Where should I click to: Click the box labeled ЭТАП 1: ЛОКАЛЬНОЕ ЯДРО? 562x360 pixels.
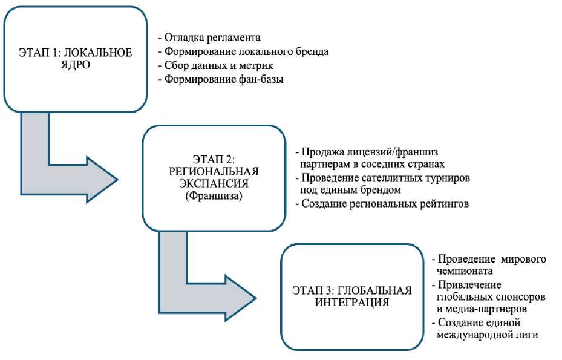(x=75, y=59)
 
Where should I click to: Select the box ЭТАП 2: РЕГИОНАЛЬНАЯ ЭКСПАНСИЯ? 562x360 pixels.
(x=214, y=178)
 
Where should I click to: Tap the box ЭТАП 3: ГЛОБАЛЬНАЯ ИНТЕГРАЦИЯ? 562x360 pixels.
(x=352, y=297)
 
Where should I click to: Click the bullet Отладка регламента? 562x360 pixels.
(x=209, y=38)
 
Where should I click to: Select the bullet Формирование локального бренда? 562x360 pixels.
(x=243, y=51)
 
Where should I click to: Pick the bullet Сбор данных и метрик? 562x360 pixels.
(x=215, y=65)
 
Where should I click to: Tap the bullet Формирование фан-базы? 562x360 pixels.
(x=221, y=79)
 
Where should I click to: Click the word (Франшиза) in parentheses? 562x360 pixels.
(x=214, y=196)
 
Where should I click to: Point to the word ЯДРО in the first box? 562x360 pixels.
(x=75, y=65)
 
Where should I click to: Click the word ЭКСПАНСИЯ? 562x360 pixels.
(x=214, y=183)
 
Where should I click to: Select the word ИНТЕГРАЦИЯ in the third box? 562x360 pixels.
(x=352, y=303)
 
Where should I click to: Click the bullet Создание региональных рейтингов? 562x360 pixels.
(x=382, y=204)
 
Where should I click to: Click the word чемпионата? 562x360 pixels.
(x=465, y=270)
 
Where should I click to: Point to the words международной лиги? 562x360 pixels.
(x=488, y=335)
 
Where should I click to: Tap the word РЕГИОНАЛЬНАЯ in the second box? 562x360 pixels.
(x=214, y=171)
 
